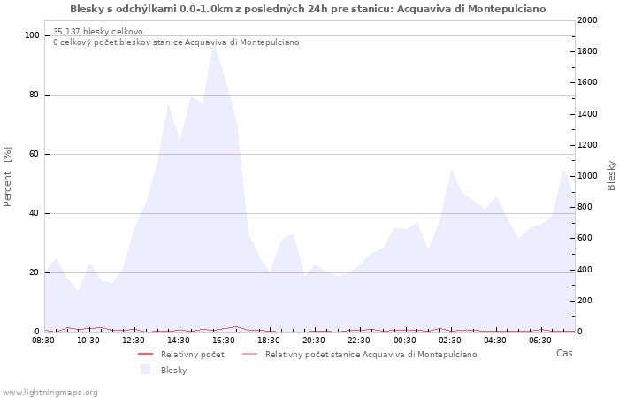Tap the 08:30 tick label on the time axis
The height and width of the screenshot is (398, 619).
point(43,340)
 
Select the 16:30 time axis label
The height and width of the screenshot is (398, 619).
point(224,340)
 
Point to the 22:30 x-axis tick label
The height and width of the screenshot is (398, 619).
point(359,340)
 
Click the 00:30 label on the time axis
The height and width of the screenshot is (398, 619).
point(404,340)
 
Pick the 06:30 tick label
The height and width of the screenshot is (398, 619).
point(539,340)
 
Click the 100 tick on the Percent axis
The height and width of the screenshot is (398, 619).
point(32,35)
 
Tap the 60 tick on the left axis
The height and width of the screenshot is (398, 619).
point(34,154)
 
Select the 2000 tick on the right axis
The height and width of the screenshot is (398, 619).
point(586,20)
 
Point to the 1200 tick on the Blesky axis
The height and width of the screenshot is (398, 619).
point(586,145)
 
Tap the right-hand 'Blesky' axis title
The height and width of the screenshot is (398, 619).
point(611,175)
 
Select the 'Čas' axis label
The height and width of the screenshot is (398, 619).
point(564,353)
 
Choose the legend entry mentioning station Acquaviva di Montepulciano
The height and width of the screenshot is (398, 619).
point(371,355)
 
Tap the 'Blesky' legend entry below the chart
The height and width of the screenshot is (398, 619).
point(173,370)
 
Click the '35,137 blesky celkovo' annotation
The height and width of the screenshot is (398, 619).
point(97,32)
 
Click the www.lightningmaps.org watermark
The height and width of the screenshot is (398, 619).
point(50,393)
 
